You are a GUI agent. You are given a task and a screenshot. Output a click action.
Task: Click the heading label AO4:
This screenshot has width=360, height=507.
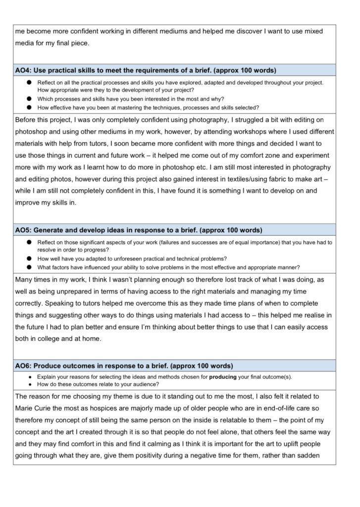tap(25, 70)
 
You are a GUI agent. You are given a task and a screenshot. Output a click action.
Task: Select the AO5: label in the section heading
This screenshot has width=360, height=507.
tap(25, 230)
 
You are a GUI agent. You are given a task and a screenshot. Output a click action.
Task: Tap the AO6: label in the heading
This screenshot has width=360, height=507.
tap(25, 366)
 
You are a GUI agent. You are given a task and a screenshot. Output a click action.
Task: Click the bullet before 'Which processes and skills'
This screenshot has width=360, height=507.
tap(29, 99)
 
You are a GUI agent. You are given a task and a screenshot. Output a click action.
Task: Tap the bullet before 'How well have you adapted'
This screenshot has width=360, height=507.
tap(29, 258)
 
